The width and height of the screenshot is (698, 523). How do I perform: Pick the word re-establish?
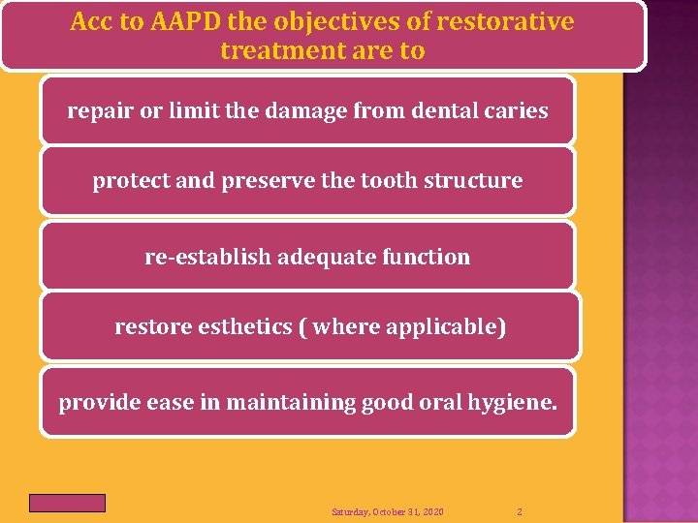point(207,258)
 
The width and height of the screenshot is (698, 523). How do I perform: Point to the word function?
point(426,258)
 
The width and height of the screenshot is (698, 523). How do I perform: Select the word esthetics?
point(238,327)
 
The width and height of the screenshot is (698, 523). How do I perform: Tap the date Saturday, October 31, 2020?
point(388,511)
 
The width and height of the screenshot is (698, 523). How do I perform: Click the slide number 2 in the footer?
point(520,511)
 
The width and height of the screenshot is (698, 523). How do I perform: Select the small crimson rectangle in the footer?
point(67,503)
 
